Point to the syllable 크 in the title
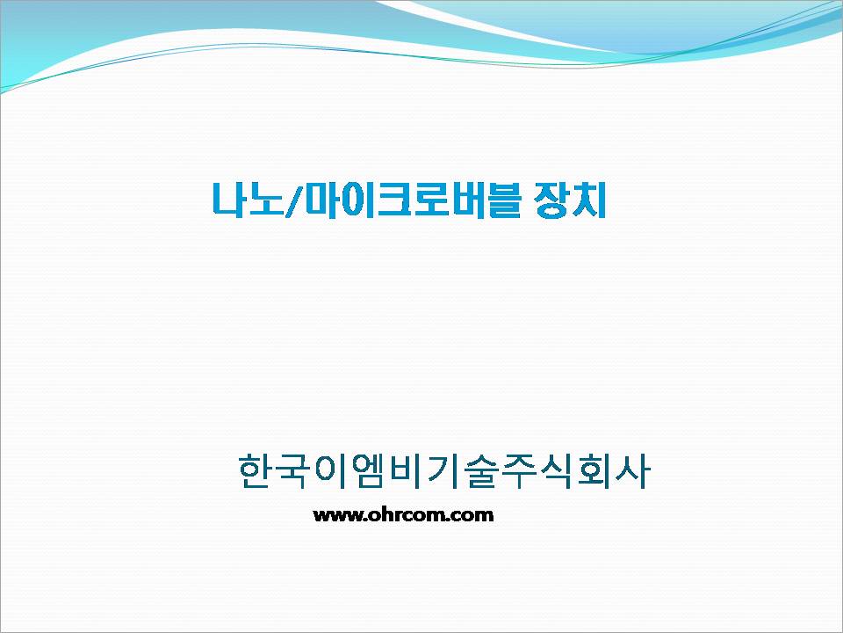[396, 200]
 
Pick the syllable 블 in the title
[504, 200]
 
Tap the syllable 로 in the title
[432, 200]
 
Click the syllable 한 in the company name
[255, 471]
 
